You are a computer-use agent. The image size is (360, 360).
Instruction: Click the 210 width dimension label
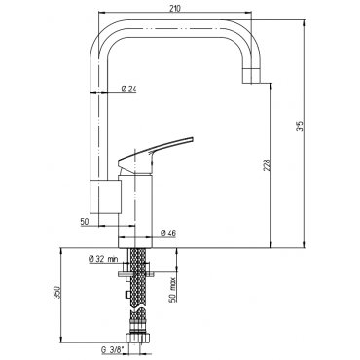175,9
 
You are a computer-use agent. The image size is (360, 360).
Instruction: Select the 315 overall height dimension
300,126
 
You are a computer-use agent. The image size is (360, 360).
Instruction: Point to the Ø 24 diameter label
128,89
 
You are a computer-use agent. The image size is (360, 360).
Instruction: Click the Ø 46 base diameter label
168,233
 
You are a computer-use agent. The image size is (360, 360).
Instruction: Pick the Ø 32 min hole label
103,259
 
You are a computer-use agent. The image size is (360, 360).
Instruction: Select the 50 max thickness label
172,289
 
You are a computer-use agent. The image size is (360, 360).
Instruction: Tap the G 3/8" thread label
113,350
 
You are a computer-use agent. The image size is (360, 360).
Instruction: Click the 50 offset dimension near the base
85,222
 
